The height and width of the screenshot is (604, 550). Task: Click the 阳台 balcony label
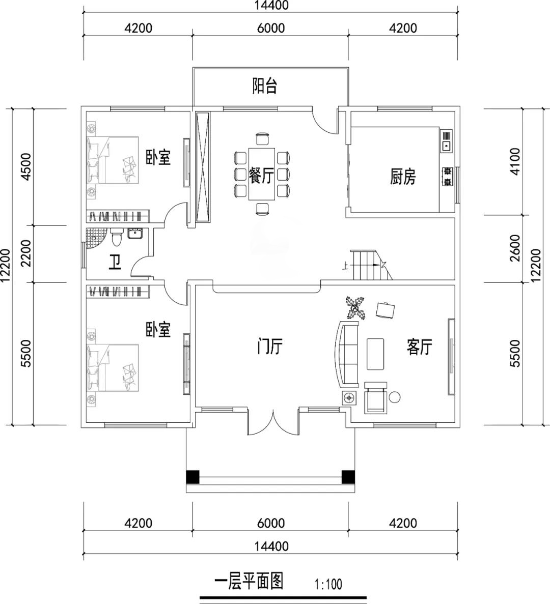click(265, 85)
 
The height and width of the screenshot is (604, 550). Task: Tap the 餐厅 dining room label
click(261, 175)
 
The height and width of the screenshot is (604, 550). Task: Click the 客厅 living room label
click(419, 347)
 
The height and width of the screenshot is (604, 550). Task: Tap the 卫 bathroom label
click(115, 263)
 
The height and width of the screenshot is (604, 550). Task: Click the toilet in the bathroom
click(116, 237)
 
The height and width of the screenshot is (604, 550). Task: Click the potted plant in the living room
click(355, 307)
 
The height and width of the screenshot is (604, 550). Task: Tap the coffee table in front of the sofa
click(375, 354)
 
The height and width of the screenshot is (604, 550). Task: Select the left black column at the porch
click(193, 477)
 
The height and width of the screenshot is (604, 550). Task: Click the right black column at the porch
click(348, 477)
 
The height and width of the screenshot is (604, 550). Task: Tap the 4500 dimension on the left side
click(26, 166)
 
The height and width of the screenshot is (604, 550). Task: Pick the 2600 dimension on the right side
click(515, 248)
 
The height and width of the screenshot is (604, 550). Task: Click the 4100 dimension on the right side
click(515, 161)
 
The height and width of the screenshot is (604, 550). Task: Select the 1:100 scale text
click(328, 584)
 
